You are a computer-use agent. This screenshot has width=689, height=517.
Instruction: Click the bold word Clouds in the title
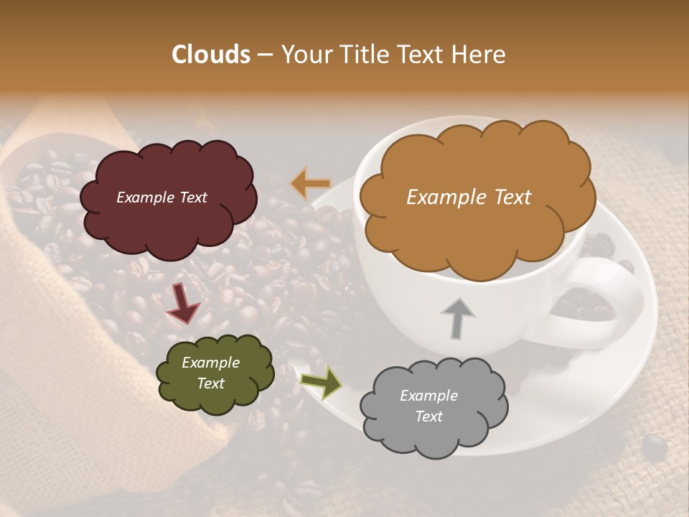click(x=211, y=55)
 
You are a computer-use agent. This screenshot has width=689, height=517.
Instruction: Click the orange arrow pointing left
click(x=311, y=184)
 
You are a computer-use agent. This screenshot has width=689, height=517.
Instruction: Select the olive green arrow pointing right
click(x=322, y=381)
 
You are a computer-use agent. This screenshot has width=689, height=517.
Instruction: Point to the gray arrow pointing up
click(x=458, y=317)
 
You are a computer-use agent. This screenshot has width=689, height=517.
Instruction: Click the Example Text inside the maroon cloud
click(x=161, y=197)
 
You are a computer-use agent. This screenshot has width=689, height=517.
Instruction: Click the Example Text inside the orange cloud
click(x=469, y=197)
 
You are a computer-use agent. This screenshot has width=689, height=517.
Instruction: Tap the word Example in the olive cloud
click(x=210, y=363)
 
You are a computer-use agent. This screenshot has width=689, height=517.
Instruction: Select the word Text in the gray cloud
click(x=428, y=416)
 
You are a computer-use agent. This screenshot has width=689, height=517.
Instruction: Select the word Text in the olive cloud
click(x=210, y=383)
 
